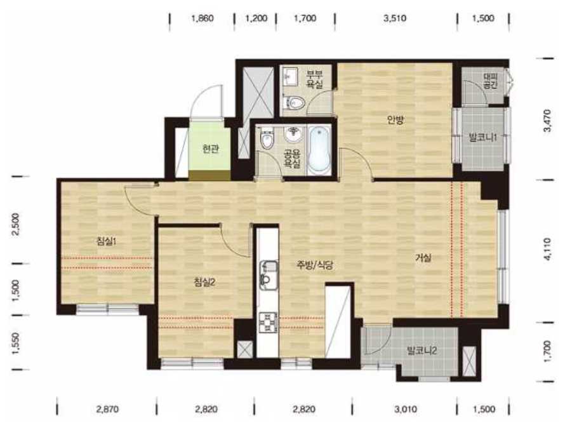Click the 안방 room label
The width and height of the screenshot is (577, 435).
[395, 119]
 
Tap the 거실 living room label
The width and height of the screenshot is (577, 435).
[423, 258]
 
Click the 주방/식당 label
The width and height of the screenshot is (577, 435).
[315, 265]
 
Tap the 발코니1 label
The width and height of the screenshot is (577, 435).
[483, 138]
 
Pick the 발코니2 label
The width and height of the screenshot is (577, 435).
[421, 351]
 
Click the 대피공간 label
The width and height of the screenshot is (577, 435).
[490, 81]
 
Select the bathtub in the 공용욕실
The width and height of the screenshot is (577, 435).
[319, 151]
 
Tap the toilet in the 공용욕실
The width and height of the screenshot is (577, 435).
[267, 138]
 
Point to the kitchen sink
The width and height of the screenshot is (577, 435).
[269, 274]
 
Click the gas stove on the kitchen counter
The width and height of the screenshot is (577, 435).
[268, 323]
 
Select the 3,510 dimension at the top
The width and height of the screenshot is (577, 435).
[395, 18]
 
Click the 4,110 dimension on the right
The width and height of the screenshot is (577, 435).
[547, 249]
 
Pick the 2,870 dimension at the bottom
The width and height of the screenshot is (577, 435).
[107, 409]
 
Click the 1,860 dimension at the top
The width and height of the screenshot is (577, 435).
[202, 18]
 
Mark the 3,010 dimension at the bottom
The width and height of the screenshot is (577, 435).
[406, 409]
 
